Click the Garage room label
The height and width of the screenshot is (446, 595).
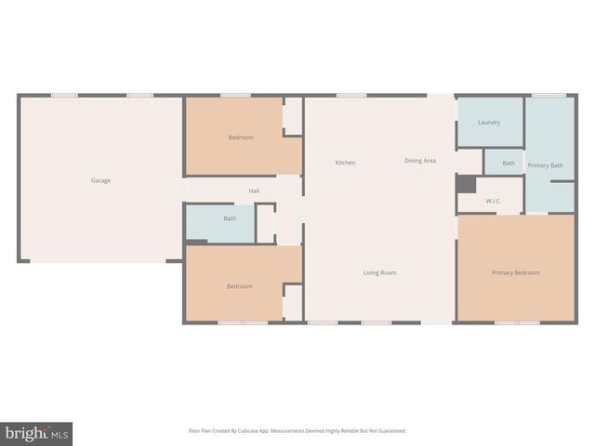[100, 180]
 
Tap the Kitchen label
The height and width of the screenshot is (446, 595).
[345, 163]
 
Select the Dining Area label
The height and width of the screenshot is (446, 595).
[420, 161]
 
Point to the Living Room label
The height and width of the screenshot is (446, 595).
[379, 272]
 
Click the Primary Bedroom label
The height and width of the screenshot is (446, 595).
[515, 272]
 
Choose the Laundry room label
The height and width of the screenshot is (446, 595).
[489, 123]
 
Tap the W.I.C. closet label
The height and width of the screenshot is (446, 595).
[493, 201]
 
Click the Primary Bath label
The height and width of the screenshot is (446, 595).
[545, 165]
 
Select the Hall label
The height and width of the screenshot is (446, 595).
[254, 190]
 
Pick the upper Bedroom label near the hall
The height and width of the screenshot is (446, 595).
[241, 138]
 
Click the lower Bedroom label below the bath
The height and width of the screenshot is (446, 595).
[239, 286]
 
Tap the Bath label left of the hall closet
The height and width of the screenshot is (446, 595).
[230, 218]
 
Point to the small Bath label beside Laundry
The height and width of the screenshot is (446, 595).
[509, 164]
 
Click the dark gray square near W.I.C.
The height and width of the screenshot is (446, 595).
[466, 184]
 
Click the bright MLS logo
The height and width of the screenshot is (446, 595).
[37, 432]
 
